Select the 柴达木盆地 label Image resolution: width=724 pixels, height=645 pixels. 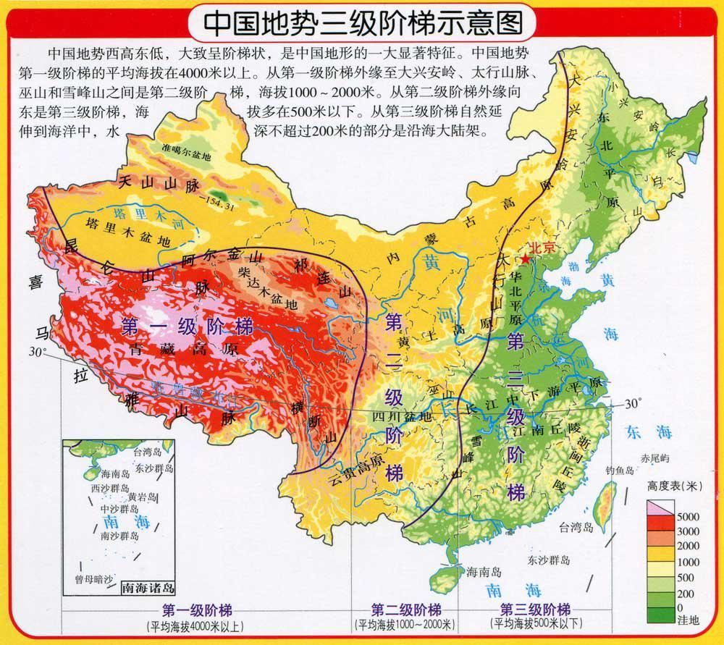(267, 288)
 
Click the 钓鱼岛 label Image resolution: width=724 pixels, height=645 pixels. (620, 471)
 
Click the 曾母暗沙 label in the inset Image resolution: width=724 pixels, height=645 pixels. (93, 580)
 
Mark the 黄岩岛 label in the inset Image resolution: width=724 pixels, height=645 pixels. (142, 497)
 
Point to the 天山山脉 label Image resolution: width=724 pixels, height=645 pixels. (159, 185)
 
